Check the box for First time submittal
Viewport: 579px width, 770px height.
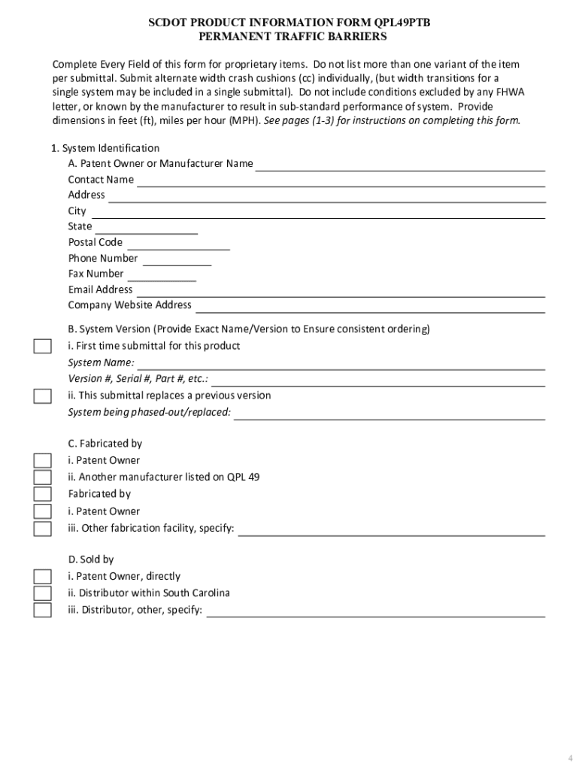43,346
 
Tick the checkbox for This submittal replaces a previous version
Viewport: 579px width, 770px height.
43,396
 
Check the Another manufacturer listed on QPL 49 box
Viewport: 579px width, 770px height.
43,477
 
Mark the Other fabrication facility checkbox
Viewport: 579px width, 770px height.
43,529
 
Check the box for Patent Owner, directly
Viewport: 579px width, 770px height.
43,577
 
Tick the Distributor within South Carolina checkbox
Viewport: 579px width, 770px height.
43,593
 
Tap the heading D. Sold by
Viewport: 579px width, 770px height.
91,559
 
